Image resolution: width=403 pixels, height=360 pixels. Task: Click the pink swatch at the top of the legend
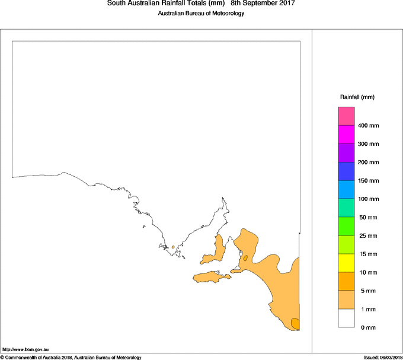(x=346, y=116)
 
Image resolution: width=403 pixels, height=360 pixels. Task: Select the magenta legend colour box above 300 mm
(x=346, y=134)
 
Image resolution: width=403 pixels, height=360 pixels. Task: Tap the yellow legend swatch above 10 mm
(x=346, y=263)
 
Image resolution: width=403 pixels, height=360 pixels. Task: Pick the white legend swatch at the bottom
(x=346, y=318)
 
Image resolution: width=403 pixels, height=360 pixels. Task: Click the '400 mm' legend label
(x=369, y=126)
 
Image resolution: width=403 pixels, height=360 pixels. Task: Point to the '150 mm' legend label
(x=369, y=181)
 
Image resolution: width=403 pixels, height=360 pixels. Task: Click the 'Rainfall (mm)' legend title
(x=357, y=97)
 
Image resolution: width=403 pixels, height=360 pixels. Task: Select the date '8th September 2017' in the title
(x=263, y=4)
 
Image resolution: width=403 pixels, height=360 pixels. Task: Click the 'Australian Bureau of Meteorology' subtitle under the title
(x=201, y=14)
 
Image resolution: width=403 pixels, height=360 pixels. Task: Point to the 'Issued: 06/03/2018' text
(x=383, y=357)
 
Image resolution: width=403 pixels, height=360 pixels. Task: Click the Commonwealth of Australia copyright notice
(x=71, y=357)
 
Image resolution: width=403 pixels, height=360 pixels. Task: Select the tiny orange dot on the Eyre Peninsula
(x=172, y=247)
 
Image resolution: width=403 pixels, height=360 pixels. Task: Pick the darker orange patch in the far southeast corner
(x=295, y=323)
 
